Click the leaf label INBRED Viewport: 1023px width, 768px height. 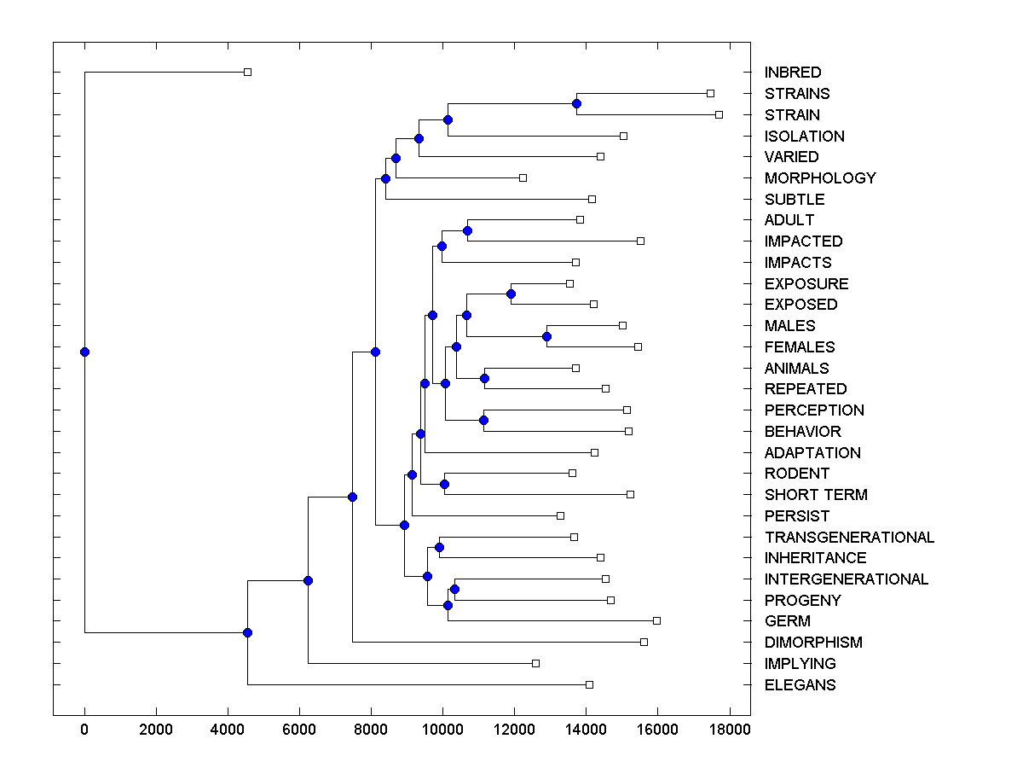click(793, 73)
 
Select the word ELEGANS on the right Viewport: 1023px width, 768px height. click(800, 684)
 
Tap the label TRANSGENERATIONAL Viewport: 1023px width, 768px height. click(849, 537)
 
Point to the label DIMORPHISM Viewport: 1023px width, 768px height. click(813, 643)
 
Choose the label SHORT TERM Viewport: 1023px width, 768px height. click(816, 495)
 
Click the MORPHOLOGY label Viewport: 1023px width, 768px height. click(820, 178)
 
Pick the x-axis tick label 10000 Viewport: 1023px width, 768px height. click(442, 730)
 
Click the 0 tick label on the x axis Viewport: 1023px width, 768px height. click(84, 730)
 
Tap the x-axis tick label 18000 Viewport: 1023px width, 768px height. click(728, 730)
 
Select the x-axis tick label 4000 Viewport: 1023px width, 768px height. click(228, 730)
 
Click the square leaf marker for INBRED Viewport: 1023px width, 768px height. click(247, 73)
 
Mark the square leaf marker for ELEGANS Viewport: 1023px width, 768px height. click(589, 684)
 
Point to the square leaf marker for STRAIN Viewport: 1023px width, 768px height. click(719, 114)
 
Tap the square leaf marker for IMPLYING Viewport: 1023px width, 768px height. click(535, 663)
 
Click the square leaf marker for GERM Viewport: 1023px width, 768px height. click(656, 620)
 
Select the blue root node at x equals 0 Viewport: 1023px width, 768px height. click(84, 352)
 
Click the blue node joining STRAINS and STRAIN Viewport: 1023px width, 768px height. click(576, 103)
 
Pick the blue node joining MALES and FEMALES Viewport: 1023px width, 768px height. click(546, 336)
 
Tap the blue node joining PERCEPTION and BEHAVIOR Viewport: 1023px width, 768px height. click(483, 420)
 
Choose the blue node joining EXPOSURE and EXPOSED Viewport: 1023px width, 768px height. click(511, 294)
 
